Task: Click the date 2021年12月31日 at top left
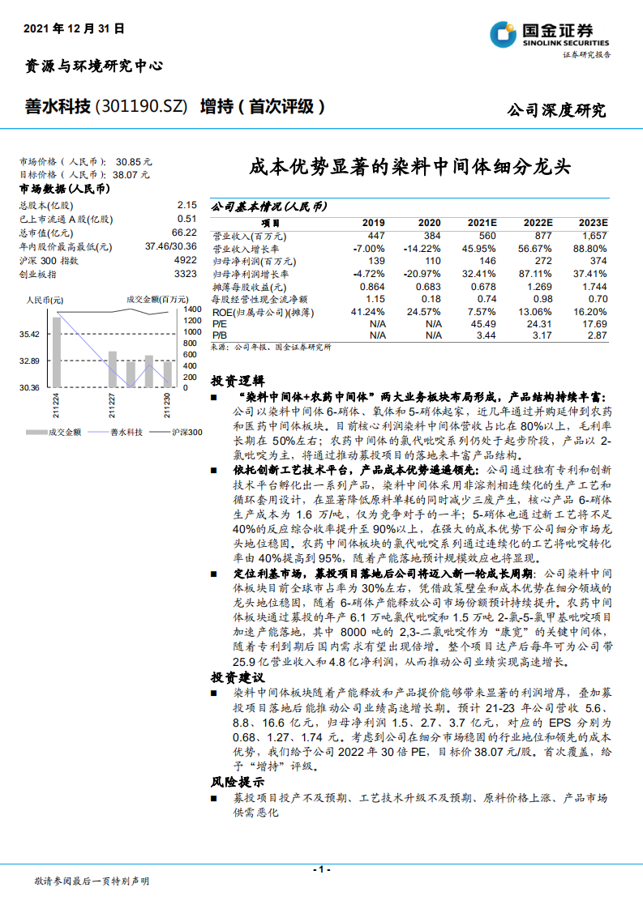tap(75, 28)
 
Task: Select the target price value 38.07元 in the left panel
tap(132, 174)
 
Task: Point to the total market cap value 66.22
tap(185, 233)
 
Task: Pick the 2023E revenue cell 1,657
tap(593, 236)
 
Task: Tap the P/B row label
tap(220, 335)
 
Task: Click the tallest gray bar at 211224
tap(56, 352)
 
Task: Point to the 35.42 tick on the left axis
tap(30, 334)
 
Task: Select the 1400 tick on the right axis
tap(192, 309)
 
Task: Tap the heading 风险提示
tap(238, 783)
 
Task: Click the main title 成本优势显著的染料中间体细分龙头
tap(409, 168)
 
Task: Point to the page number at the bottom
tap(322, 869)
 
